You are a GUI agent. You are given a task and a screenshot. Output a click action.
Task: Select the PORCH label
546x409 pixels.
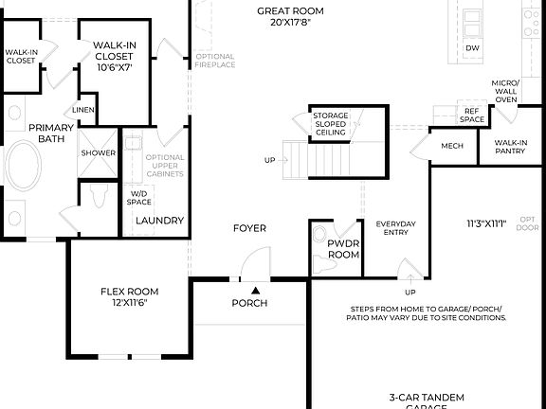coord(250,304)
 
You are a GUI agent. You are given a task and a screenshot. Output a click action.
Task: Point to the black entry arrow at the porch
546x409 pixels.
coord(254,290)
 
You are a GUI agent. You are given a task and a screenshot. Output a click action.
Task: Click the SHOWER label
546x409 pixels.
coord(98,152)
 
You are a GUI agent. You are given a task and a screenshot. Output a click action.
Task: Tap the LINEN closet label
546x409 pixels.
coord(83,111)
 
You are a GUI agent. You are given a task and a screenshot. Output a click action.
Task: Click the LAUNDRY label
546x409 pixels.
coord(158,221)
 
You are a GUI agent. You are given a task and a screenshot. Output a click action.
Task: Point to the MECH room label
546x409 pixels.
coord(450,147)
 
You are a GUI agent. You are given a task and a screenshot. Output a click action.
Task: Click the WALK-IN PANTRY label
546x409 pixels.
coord(510,147)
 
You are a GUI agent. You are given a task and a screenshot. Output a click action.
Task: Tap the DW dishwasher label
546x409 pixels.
coord(473,47)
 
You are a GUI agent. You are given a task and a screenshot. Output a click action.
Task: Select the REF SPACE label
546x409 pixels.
coord(472,116)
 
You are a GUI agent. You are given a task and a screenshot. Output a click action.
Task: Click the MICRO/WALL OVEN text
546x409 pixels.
coord(504,91)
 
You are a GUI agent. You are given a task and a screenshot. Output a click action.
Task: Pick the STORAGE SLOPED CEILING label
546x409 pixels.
coord(331,124)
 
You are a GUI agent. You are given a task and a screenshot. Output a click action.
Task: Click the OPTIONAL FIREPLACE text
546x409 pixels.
coord(215,62)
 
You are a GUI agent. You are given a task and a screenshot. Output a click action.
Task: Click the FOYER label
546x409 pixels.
coord(250,228)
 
